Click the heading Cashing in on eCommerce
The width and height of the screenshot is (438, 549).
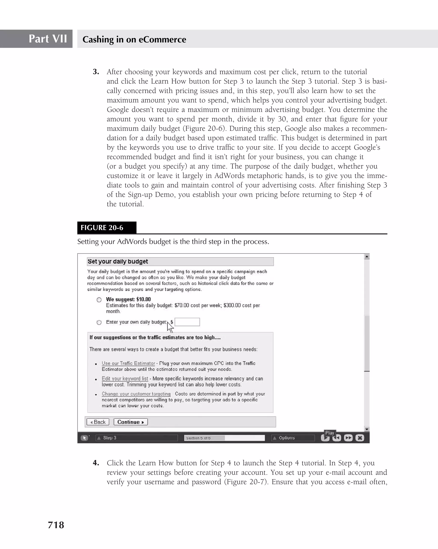(134, 39)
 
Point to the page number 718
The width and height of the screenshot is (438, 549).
(56, 525)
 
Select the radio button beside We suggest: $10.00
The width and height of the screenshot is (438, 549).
(99, 300)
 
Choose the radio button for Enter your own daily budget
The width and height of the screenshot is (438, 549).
(99, 322)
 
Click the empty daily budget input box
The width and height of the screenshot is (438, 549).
(187, 322)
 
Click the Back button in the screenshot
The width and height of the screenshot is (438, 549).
(98, 422)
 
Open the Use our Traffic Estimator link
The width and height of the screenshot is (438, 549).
(128, 363)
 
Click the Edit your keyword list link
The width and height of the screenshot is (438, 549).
(125, 379)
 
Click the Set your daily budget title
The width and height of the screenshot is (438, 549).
(118, 261)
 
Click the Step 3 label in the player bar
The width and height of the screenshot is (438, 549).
(110, 438)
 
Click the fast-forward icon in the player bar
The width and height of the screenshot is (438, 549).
(348, 438)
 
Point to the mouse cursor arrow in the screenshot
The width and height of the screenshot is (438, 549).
(170, 327)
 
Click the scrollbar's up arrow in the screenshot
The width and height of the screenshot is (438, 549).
(367, 257)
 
